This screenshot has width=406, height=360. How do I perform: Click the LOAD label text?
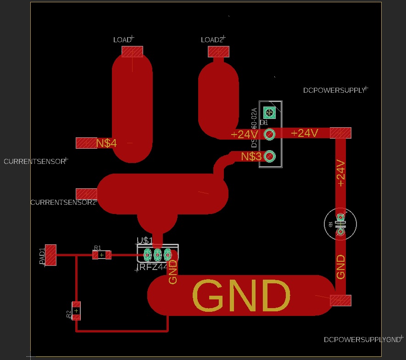coord(122,40)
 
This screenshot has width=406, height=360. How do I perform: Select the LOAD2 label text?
coord(212,40)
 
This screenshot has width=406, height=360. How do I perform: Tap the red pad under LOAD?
coord(133,51)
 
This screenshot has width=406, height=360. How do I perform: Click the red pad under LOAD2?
coord(219,51)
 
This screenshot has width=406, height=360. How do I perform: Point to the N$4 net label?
coord(106,143)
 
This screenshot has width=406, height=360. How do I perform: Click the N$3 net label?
coord(251,157)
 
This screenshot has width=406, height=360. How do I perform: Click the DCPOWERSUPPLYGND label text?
coord(362,340)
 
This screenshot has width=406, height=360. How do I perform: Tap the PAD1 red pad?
coord(50,255)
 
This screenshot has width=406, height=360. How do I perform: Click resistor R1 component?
coord(102,255)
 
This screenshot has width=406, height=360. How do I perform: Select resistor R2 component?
coord(76,311)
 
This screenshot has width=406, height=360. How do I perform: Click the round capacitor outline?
coord(340,225)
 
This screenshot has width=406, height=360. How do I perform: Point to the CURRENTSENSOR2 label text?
coord(63,202)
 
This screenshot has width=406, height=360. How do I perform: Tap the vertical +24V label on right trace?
coord(340,173)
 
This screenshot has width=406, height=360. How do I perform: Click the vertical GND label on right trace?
coord(340,267)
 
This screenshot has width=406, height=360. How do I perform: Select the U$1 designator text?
coord(145,240)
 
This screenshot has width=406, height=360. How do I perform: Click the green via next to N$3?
coord(270,157)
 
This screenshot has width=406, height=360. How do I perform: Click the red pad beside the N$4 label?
coord(86,143)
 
